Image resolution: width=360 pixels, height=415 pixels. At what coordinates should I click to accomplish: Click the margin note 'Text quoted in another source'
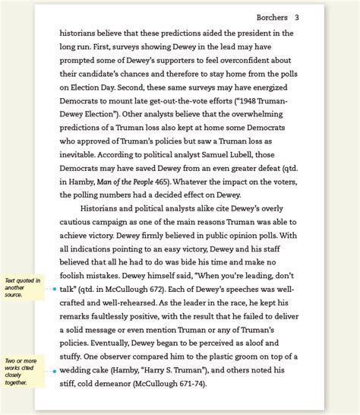[x=18, y=287]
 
